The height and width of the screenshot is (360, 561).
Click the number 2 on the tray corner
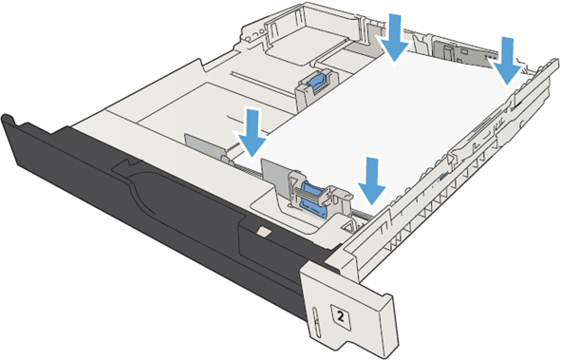(x=341, y=316)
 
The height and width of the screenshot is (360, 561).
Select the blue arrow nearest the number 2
(x=372, y=180)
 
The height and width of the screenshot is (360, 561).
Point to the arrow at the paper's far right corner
(x=507, y=61)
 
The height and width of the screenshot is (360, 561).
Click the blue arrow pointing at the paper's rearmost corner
(x=394, y=37)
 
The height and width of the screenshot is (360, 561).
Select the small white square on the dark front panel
(x=264, y=232)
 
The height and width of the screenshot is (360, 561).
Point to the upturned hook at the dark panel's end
(x=8, y=120)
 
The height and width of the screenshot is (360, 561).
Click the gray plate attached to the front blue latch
(x=274, y=177)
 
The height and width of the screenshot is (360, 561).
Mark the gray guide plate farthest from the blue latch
(x=204, y=146)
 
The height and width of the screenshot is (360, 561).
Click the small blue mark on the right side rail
(x=443, y=176)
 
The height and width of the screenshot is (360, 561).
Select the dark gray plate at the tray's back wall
(x=464, y=52)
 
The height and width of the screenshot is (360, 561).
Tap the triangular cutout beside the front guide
(x=348, y=226)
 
